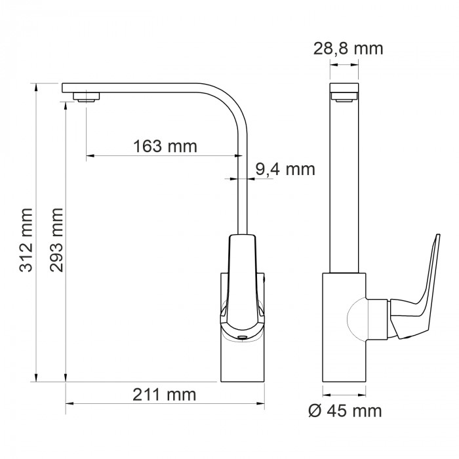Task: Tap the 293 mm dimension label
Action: tap(56, 240)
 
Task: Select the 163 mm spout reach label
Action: tap(165, 146)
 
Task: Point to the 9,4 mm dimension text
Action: tap(285, 169)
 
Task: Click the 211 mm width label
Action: tap(164, 395)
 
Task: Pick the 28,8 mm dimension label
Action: tap(348, 49)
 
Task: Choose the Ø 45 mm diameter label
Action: tap(345, 410)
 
